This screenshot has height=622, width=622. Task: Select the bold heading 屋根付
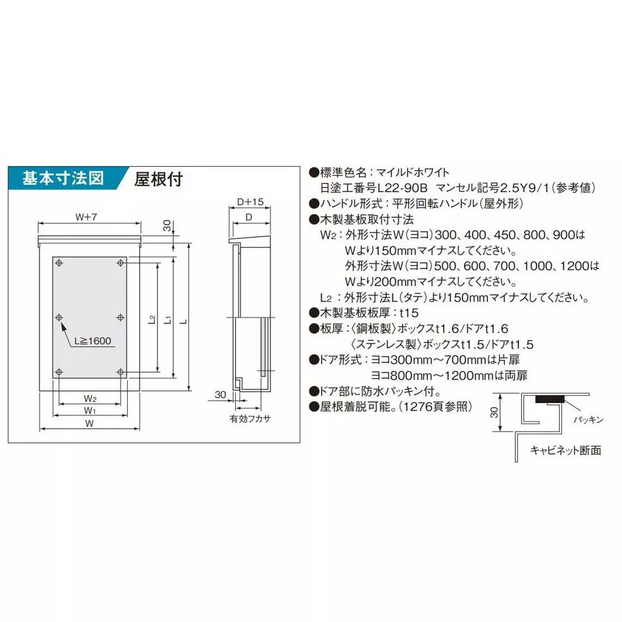pos(158,180)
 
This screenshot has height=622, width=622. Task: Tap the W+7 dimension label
pos(88,217)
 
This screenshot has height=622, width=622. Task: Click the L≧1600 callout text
pos(92,341)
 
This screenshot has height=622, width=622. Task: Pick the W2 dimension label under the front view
pos(90,399)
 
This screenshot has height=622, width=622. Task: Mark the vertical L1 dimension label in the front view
pos(167,320)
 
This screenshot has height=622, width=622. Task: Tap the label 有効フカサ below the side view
pos(250,419)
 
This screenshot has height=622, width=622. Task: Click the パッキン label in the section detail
pos(588,419)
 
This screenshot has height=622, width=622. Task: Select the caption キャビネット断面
pos(565,450)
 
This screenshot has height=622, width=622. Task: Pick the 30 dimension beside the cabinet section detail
pos(494,414)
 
